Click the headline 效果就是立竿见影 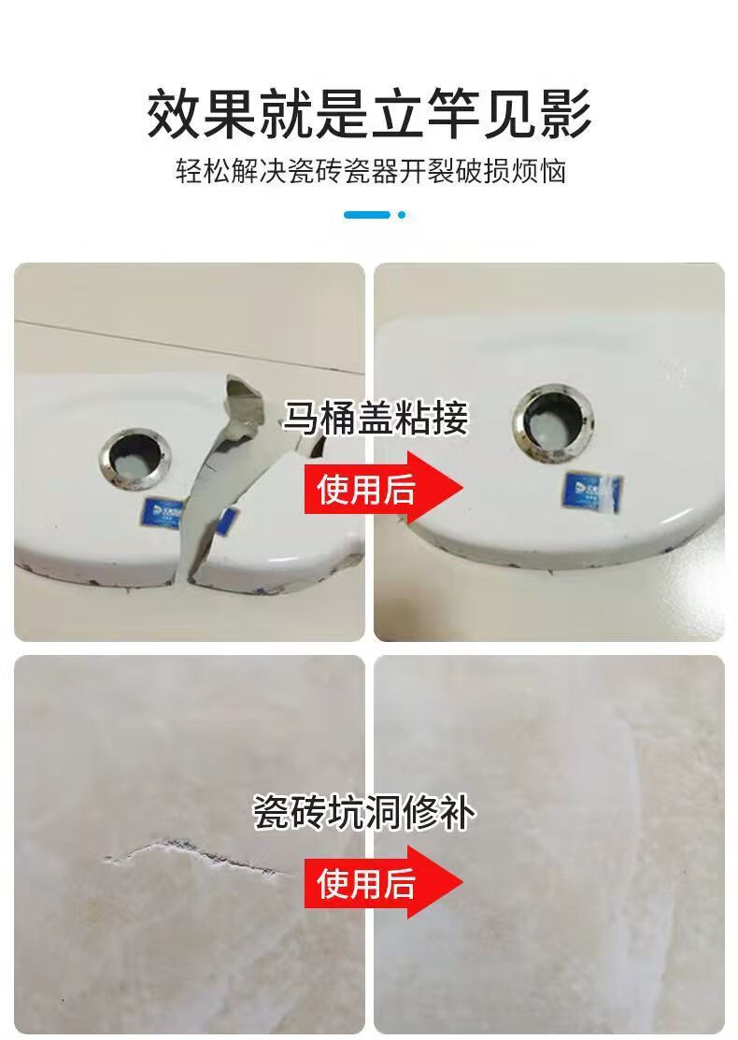click(x=369, y=113)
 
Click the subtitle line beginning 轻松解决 click(x=370, y=172)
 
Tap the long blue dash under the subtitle click(x=366, y=215)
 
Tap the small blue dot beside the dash click(x=402, y=215)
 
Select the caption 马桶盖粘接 click(x=375, y=419)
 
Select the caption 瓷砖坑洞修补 click(x=364, y=812)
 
